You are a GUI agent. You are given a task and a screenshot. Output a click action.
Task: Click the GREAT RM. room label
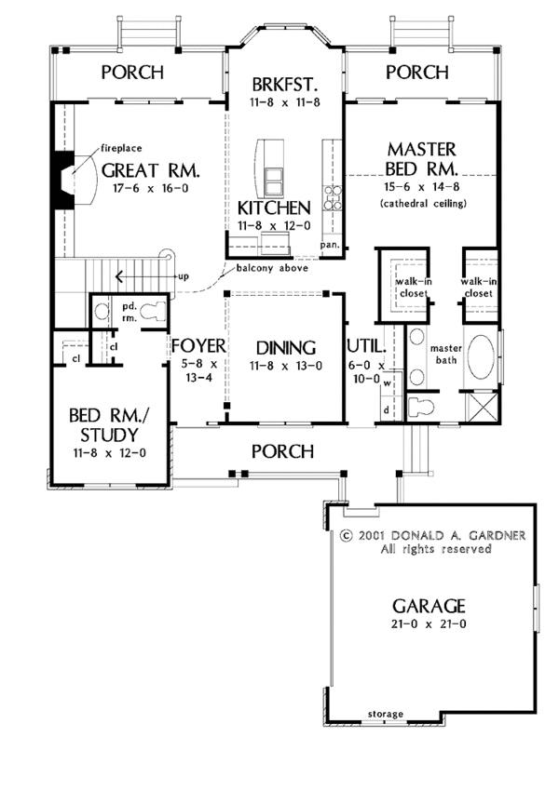[x=151, y=170]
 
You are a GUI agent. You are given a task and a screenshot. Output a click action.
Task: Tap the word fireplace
[x=121, y=148]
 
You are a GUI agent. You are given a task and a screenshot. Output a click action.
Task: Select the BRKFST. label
[x=285, y=84]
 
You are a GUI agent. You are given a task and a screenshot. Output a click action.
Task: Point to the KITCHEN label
[x=274, y=208]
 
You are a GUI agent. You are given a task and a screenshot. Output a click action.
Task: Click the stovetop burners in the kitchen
[x=333, y=197]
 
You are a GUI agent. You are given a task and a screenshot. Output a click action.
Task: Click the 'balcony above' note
[x=272, y=268]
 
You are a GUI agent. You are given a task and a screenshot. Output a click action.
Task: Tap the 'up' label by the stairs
[x=184, y=277]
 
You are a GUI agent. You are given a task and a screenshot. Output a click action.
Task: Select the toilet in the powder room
[x=153, y=311]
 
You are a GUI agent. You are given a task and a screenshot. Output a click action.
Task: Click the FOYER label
[x=198, y=346]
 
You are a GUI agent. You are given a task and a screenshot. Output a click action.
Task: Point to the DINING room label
[x=286, y=348]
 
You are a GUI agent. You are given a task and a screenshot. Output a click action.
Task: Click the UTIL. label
[x=366, y=346]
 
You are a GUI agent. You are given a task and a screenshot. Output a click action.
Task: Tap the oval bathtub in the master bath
[x=481, y=356]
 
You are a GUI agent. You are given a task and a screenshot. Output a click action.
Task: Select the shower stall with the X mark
[x=482, y=406]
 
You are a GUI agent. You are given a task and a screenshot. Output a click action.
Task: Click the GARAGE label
[x=429, y=606]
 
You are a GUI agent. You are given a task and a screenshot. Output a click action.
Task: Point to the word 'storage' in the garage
[x=386, y=714]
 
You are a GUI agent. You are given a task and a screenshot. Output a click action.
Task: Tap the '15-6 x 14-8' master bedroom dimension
[x=422, y=187]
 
